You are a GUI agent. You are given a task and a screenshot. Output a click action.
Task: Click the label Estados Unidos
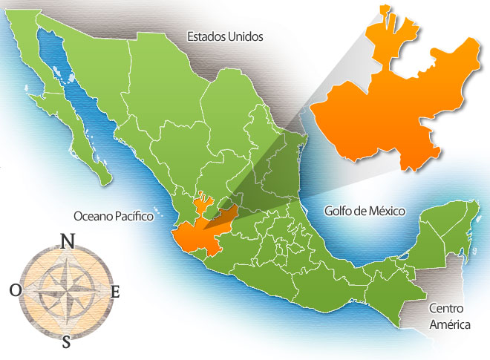pyautogui.click(x=225, y=36)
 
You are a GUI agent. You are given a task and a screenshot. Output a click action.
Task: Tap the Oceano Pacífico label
pyautogui.click(x=113, y=216)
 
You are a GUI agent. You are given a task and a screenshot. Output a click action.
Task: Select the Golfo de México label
pyautogui.click(x=365, y=211)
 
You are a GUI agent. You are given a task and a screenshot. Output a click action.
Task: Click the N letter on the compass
pyautogui.click(x=67, y=240)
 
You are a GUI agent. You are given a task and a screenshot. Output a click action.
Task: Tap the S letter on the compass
pyautogui.click(x=67, y=342)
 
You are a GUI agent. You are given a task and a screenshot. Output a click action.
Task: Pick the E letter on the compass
pyautogui.click(x=115, y=292)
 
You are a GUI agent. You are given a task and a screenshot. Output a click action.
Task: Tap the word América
pyautogui.click(x=442, y=321)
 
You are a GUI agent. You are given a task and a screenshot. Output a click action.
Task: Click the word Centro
pyautogui.click(x=442, y=307)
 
